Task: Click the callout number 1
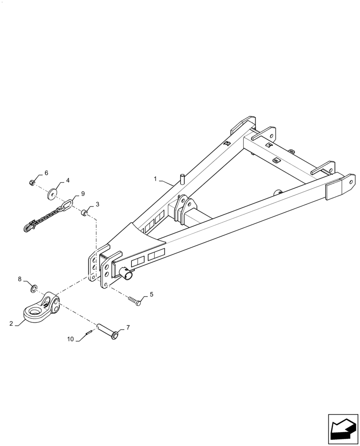click(x=155, y=179)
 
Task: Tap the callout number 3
click(x=98, y=204)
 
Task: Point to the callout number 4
click(x=68, y=181)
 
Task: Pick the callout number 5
click(x=151, y=294)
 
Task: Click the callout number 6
click(x=46, y=173)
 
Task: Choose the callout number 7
click(x=128, y=328)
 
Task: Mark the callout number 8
click(x=20, y=280)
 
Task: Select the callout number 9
click(x=82, y=194)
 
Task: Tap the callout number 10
click(x=71, y=339)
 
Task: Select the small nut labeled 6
click(x=32, y=182)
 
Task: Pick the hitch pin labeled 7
click(x=107, y=332)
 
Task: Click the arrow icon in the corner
click(x=343, y=429)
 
